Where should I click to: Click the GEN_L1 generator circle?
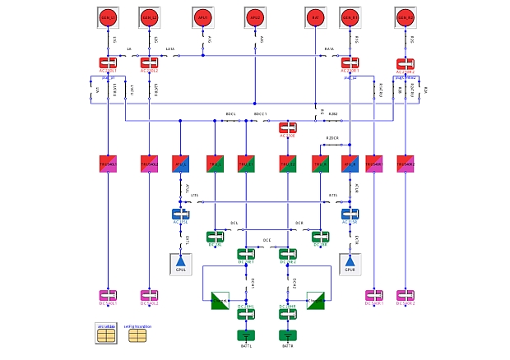(108, 17)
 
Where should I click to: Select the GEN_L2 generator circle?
(149, 17)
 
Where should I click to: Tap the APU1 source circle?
(202, 17)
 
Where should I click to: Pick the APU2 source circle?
(255, 17)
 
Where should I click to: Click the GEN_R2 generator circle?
(406, 17)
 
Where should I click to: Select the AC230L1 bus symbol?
(108, 62)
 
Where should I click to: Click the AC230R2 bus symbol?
(406, 63)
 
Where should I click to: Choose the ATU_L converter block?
(181, 164)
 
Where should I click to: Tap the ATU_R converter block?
(350, 164)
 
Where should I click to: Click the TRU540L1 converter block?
(108, 164)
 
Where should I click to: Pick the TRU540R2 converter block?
(406, 164)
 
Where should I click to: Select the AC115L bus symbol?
(181, 215)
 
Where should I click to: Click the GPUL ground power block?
(181, 263)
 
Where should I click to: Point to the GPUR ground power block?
(350, 263)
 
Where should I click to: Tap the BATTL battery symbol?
(246, 335)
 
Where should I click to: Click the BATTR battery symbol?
(287, 335)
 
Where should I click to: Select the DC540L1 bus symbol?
(108, 295)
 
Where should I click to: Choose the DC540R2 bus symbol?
(406, 295)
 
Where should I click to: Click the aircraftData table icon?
(106, 334)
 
